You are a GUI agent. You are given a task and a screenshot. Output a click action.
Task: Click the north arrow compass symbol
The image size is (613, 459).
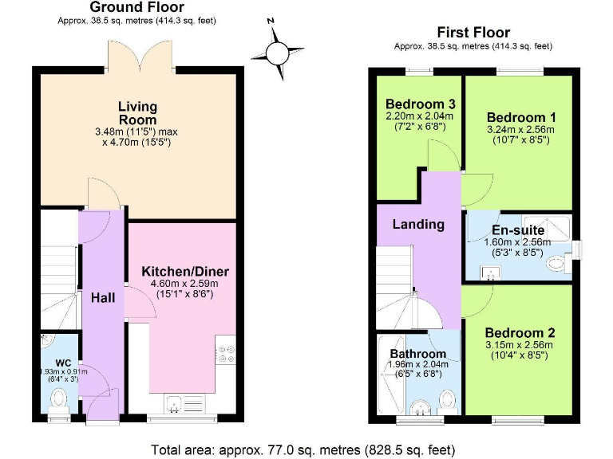276,53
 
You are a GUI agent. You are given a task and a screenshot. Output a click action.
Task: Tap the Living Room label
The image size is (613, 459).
137,113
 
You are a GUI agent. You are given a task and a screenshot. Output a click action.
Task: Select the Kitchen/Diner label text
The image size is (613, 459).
180,272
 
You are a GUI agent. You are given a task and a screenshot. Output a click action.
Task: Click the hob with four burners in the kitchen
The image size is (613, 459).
225,351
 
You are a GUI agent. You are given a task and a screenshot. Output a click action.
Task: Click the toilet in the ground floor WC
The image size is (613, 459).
59,409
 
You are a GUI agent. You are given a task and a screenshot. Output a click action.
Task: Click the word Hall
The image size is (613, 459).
102,298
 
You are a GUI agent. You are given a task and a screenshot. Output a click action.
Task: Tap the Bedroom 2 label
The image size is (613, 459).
520,332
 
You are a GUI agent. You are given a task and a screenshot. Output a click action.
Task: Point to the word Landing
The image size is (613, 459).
418,224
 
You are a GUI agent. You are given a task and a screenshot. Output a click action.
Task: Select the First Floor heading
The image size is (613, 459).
473,33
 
